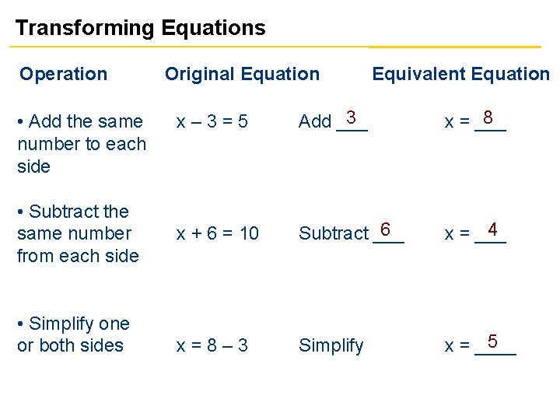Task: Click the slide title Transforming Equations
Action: (140, 29)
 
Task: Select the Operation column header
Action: (63, 74)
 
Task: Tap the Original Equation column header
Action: (242, 74)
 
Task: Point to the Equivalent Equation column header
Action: (460, 74)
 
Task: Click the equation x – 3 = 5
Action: (212, 121)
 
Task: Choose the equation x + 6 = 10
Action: (218, 233)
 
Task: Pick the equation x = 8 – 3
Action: (212, 345)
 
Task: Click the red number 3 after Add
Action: (352, 117)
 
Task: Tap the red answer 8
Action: (488, 117)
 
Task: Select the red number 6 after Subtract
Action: (385, 230)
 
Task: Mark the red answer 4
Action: (491, 230)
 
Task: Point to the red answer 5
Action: (492, 341)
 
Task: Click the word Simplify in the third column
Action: (331, 345)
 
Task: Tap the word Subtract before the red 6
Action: (333, 233)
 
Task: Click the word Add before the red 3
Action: (315, 121)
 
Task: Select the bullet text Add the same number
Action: (82, 144)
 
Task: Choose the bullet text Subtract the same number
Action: (78, 233)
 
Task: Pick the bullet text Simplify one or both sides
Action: (73, 334)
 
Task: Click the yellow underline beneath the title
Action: (280, 47)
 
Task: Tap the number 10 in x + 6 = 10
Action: (249, 233)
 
